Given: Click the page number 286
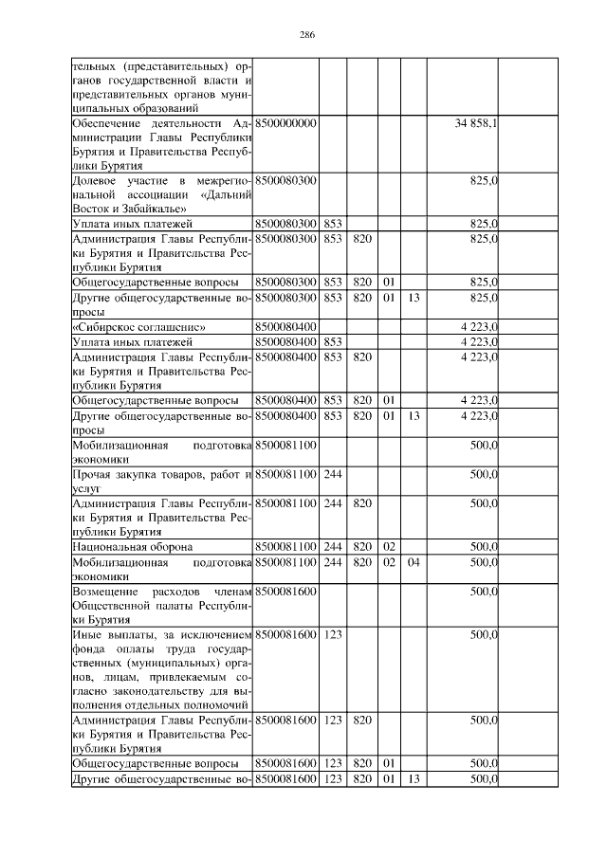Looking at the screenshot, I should click(306, 35).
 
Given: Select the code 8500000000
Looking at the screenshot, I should click(285, 124).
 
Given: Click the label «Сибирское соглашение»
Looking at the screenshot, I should click(138, 327).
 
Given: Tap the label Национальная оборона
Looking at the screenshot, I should click(133, 547).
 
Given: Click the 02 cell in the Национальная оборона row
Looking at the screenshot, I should click(387, 547).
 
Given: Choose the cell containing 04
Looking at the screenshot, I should click(413, 561).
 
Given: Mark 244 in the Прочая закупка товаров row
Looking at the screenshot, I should click(332, 473).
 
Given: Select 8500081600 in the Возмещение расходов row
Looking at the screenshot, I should click(285, 591).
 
